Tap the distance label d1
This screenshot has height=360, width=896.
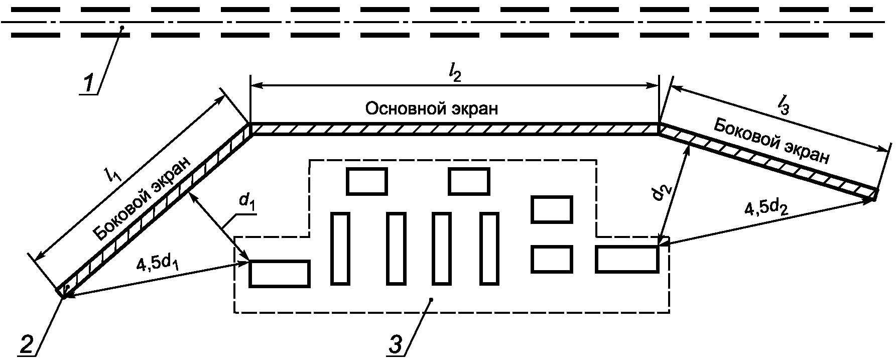pos(245,201)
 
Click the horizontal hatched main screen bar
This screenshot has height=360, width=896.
pos(454,130)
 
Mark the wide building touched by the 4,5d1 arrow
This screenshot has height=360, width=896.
pos(279,274)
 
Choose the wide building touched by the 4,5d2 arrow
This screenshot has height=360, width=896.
pos(626,259)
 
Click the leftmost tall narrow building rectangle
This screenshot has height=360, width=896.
pos(340,249)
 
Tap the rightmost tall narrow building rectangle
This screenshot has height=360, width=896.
pos(489,249)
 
